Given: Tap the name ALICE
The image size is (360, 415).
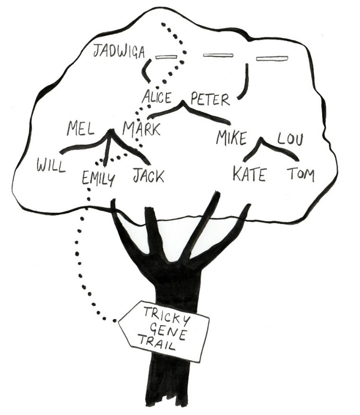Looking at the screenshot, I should point(158,97).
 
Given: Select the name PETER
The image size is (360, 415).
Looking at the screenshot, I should point(210,100).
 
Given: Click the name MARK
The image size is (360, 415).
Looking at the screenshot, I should point(141,129).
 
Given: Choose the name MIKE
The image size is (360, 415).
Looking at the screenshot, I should point(232,138).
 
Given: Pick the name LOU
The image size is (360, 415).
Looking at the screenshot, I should point(290,139).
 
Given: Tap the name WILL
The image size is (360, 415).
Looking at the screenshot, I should point(51,166).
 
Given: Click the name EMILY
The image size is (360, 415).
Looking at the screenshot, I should point(98,178).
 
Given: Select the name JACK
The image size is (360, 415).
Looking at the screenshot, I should point(148,176).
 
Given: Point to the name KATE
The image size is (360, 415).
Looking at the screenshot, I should point(249,174).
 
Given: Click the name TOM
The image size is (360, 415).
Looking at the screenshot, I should point(300,175).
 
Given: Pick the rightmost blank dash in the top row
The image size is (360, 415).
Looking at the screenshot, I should point(272,59).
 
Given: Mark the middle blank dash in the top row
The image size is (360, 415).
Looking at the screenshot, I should point(218,56).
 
